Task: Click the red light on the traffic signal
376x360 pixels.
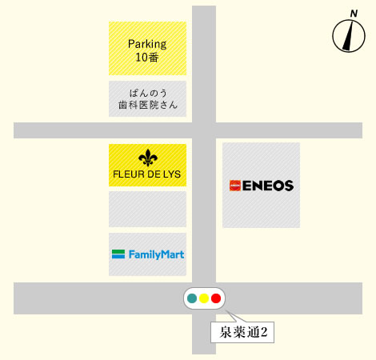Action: click(x=216, y=298)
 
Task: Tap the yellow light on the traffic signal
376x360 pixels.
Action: click(x=204, y=298)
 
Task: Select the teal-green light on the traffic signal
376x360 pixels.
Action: click(x=192, y=298)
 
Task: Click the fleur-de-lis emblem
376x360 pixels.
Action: click(x=148, y=158)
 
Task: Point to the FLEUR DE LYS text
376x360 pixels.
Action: click(x=147, y=174)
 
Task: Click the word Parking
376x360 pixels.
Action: click(x=147, y=44)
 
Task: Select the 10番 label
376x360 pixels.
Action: click(x=147, y=58)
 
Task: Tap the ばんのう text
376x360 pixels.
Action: click(x=148, y=93)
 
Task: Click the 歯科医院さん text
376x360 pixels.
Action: click(x=148, y=105)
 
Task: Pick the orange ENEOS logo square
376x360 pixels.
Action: click(x=235, y=186)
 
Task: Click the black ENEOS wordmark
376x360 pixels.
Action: click(x=268, y=186)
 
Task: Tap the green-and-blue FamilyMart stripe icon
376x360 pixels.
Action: click(x=118, y=254)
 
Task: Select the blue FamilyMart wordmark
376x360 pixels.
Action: click(x=156, y=254)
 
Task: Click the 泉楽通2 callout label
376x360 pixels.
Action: click(x=242, y=332)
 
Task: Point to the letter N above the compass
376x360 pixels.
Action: click(x=354, y=14)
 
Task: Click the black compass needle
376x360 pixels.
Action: click(x=348, y=35)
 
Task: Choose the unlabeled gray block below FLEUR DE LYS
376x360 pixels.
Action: click(x=147, y=209)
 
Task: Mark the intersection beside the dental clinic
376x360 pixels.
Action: click(x=204, y=130)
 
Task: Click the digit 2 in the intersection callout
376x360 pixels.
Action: click(x=264, y=332)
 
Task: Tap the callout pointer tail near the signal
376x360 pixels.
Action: click(x=234, y=317)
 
